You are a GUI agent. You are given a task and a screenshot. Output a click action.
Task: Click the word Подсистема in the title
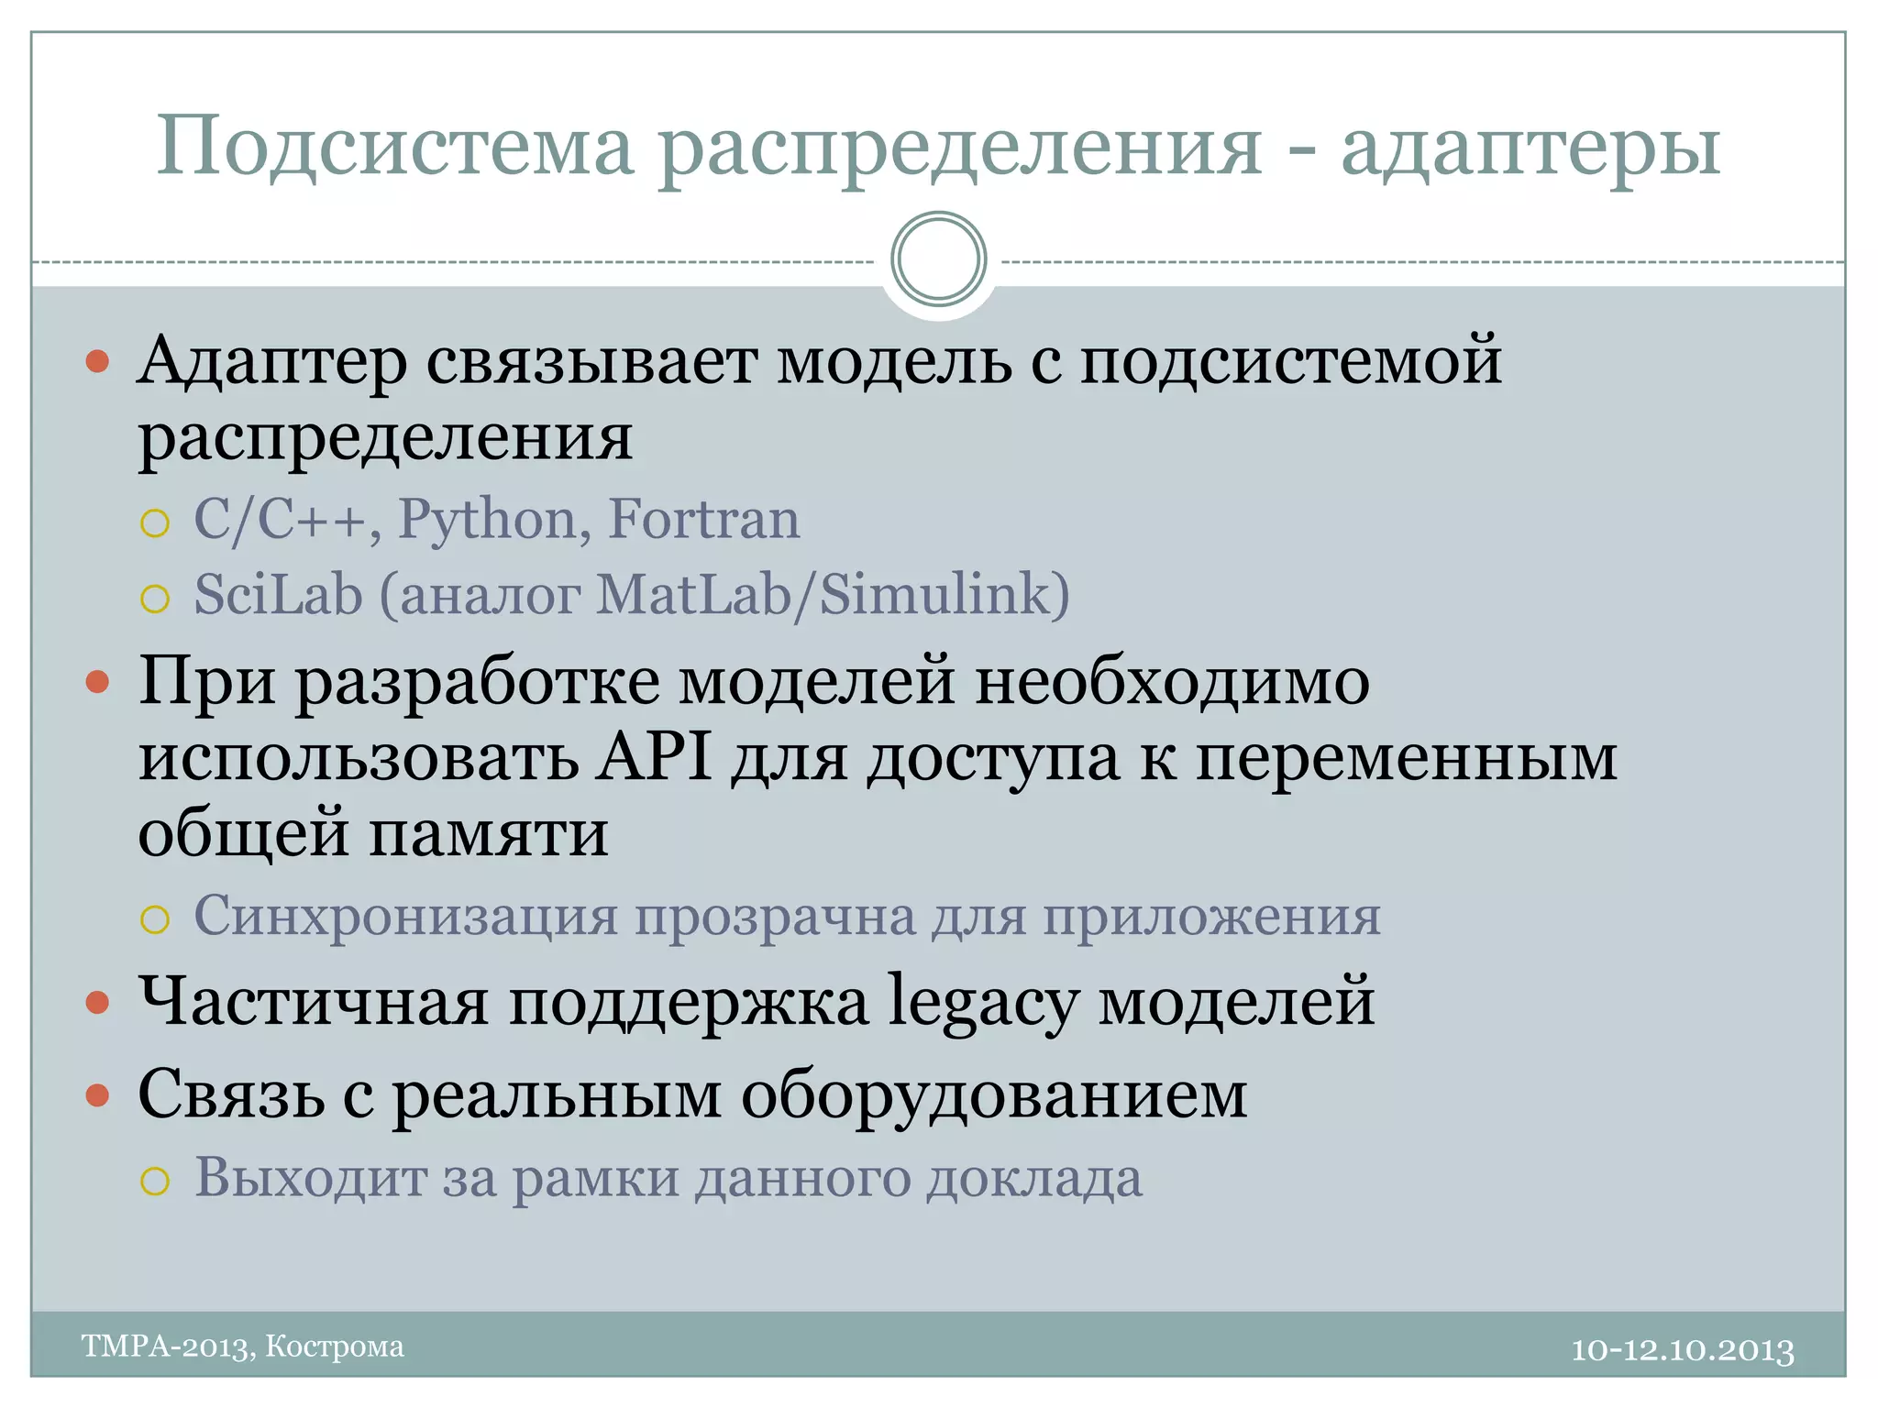[395, 147]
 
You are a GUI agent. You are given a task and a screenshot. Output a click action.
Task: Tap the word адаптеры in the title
[1530, 147]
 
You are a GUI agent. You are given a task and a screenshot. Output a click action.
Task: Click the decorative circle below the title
[938, 259]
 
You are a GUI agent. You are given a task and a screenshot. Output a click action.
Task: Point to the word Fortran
[704, 520]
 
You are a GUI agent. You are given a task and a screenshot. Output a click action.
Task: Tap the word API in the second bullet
[654, 757]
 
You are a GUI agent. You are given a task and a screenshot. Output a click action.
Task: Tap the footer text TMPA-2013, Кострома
[243, 1347]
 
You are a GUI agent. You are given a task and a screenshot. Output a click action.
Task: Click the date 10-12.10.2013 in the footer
[1683, 1350]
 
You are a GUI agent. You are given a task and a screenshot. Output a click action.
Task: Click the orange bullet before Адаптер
[97, 361]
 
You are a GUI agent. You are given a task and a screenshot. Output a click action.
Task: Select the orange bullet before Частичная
[97, 1003]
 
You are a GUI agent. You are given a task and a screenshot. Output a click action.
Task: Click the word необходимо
[1172, 682]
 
